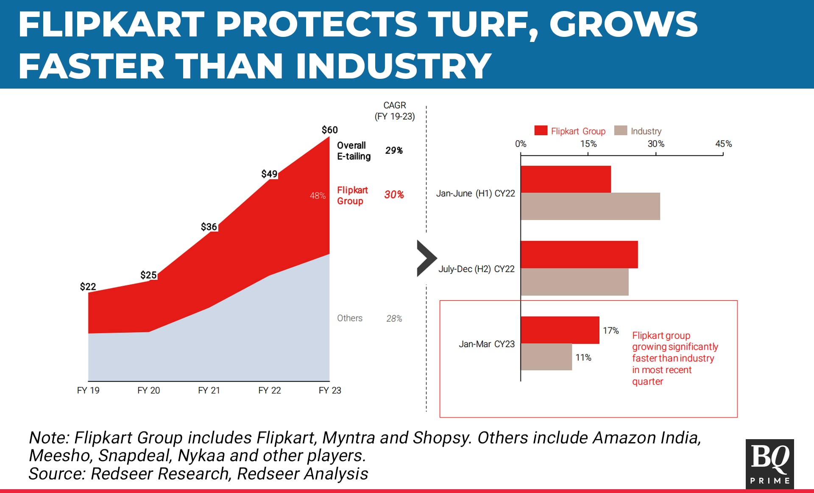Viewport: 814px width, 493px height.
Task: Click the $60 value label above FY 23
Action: (329, 130)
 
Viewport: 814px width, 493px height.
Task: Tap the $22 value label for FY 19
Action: (88, 287)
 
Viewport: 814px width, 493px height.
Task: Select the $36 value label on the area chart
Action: (209, 227)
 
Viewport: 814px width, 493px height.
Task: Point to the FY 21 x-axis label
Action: (209, 390)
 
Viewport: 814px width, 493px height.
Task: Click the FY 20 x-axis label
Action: (148, 390)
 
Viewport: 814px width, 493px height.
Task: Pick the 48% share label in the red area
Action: (318, 195)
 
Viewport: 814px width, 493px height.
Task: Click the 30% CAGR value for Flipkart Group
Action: (394, 195)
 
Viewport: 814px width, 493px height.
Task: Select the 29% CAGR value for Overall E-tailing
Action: (394, 150)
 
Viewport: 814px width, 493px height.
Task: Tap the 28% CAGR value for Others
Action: (394, 318)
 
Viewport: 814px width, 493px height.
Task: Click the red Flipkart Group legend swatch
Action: (541, 131)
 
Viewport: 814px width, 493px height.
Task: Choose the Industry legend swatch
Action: (620, 131)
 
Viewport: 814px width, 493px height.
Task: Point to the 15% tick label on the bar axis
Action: (588, 144)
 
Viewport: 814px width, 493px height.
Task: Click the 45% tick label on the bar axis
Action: (723, 144)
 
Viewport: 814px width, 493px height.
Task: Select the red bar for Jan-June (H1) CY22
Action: (566, 179)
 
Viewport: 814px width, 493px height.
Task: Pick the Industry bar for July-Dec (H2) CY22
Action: (574, 282)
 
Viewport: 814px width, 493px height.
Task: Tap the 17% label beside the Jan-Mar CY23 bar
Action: (610, 331)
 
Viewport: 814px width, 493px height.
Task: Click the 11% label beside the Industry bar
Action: (583, 358)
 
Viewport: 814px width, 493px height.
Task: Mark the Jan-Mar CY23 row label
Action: (486, 344)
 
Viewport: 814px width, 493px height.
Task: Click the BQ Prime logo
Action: (769, 464)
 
